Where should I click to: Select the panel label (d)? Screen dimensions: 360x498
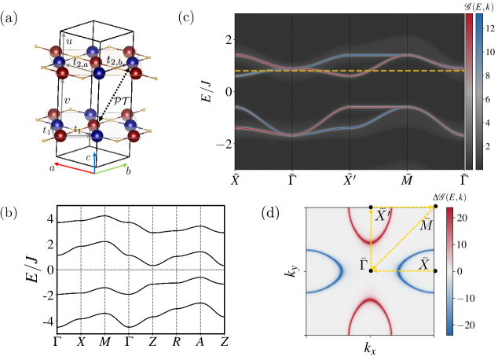point(270,213)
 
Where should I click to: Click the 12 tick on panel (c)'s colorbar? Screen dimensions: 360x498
point(488,26)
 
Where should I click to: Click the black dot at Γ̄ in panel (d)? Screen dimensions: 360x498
point(370,270)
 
